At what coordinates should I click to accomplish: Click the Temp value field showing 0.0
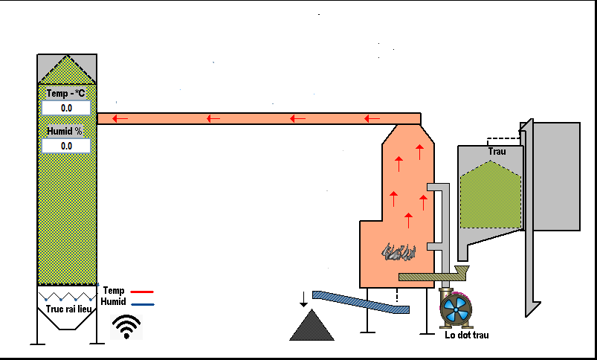click(x=66, y=108)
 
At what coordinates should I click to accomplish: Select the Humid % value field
click(x=66, y=146)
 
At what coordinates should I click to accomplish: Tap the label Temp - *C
click(x=65, y=93)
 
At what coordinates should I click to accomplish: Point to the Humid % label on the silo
click(x=65, y=132)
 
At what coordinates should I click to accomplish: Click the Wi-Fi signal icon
click(x=126, y=327)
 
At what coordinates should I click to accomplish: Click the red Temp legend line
click(x=142, y=292)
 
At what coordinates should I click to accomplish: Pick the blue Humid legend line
click(x=143, y=304)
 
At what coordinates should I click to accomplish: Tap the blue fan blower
click(x=456, y=309)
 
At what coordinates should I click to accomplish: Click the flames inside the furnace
click(x=398, y=252)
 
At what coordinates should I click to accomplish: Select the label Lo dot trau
click(x=467, y=335)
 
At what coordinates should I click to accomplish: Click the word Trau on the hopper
click(x=497, y=151)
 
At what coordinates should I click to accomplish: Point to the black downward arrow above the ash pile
click(x=303, y=299)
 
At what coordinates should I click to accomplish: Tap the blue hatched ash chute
click(x=361, y=302)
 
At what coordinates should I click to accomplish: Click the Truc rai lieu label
click(x=69, y=309)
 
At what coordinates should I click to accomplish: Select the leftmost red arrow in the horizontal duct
click(x=120, y=119)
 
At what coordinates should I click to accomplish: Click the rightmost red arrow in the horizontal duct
click(x=372, y=119)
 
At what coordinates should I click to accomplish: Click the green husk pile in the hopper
click(x=491, y=195)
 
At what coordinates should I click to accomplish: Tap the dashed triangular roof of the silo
click(x=67, y=70)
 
